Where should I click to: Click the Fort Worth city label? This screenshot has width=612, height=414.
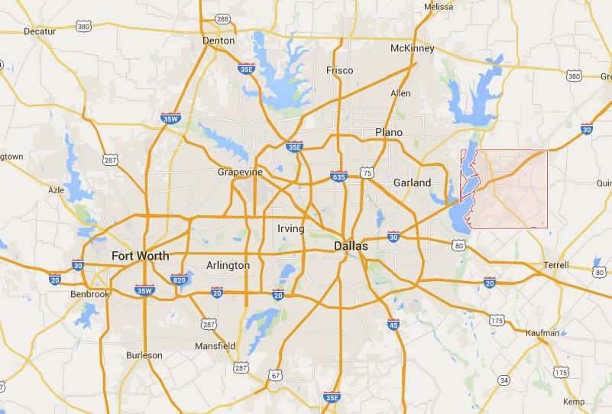[x=140, y=255]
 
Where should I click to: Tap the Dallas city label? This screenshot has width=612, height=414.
[x=351, y=247]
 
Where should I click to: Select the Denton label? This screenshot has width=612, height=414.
[x=219, y=40]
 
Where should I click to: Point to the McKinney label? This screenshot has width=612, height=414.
[x=412, y=48]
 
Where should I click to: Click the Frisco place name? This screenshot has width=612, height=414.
[x=339, y=70]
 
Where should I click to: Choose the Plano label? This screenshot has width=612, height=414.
[x=388, y=132]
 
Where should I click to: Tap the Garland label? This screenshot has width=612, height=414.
[x=412, y=183]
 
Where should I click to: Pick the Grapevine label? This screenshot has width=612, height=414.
[x=240, y=172]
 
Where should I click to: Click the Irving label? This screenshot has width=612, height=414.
[x=290, y=228]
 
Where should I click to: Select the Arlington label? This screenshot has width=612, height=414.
[x=228, y=266]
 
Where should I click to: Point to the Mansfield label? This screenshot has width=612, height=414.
[x=215, y=346]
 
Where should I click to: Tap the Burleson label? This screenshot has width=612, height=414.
[x=145, y=355]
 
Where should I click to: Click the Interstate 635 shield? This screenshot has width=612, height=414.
[x=339, y=176]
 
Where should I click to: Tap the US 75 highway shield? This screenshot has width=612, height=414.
[x=368, y=173]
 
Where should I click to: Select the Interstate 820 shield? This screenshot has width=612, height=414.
[x=179, y=279]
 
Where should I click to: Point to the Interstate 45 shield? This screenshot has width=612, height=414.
[x=393, y=325]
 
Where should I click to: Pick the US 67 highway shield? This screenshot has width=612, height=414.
[x=275, y=375]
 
